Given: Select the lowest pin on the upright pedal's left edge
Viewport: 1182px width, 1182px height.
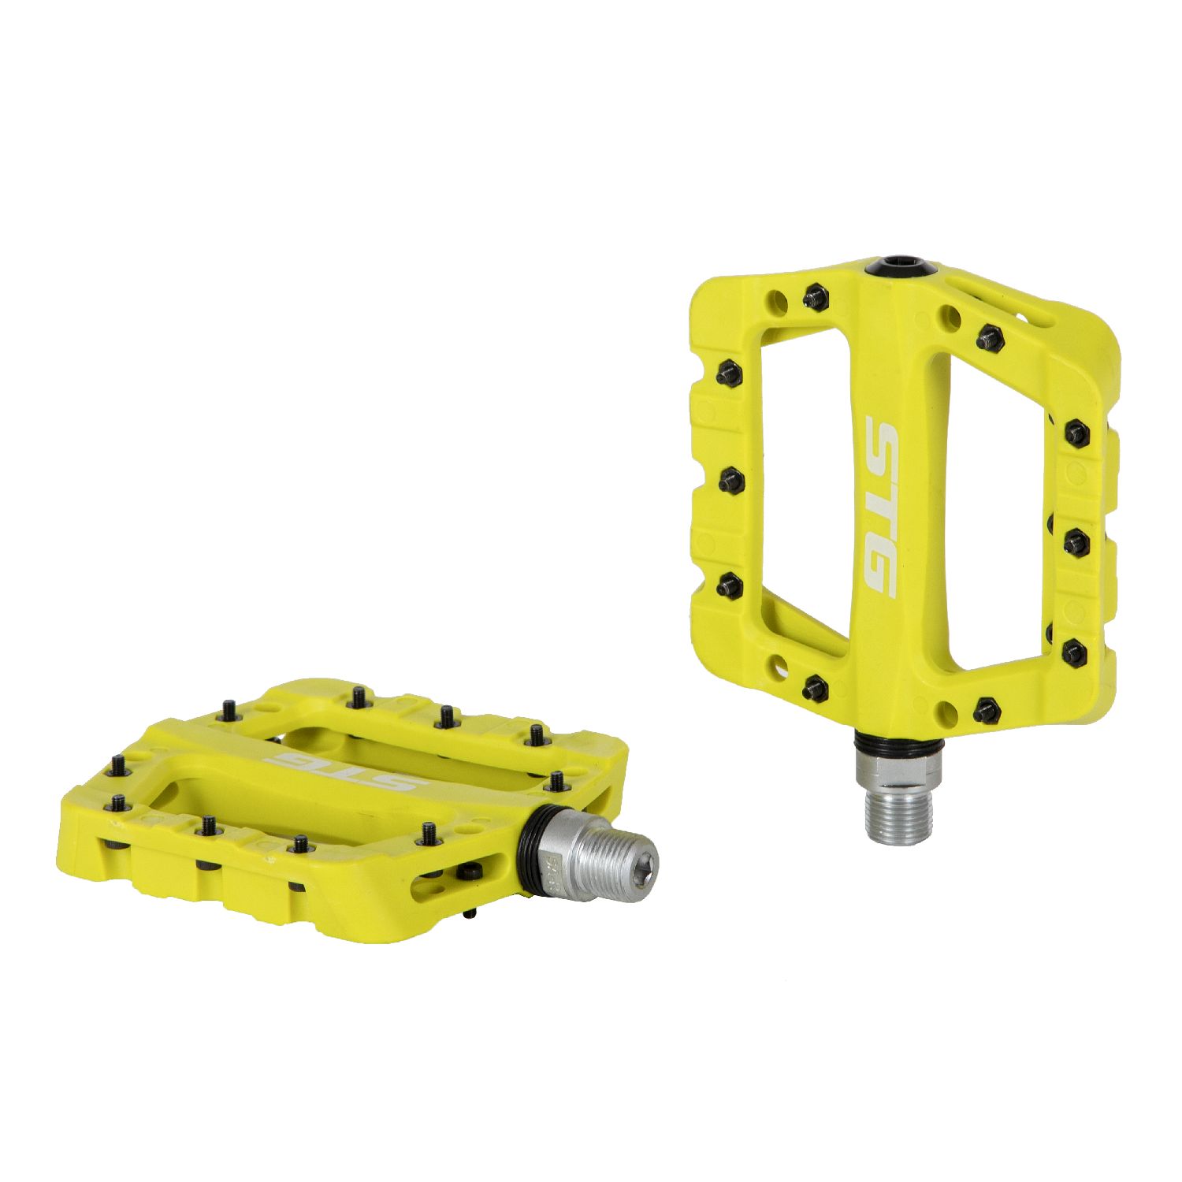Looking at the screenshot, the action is (730, 584).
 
